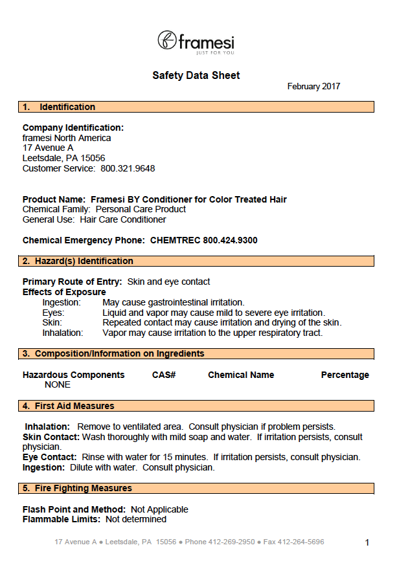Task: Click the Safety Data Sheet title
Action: (196, 76)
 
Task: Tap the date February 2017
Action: (313, 87)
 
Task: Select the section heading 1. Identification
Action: (59, 107)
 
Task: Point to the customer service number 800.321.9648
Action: (128, 169)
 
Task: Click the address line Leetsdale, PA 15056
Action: (63, 159)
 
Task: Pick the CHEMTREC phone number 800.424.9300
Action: (230, 241)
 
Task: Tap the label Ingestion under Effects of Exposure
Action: (62, 303)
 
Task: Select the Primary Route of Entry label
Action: (72, 282)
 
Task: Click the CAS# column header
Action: (164, 375)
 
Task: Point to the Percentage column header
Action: (345, 375)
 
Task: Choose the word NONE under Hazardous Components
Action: (58, 385)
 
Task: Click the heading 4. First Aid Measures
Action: (68, 406)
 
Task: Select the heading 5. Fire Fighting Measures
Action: (77, 489)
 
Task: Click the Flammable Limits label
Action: (62, 520)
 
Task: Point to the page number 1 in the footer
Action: (367, 543)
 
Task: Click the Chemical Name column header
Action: (241, 375)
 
